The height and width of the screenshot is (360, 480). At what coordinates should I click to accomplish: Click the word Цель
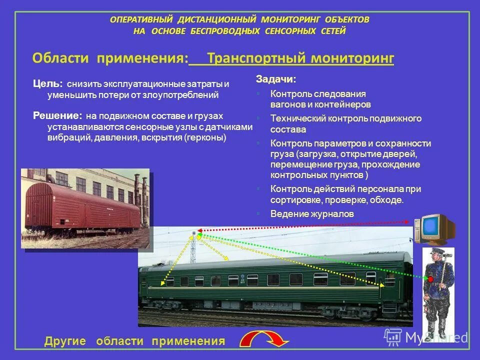coord(47,83)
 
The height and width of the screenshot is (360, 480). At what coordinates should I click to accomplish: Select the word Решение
coord(57,115)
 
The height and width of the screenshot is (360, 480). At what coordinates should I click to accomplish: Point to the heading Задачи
coord(275,79)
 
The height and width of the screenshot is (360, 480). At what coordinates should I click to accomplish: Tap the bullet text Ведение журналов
coord(312,213)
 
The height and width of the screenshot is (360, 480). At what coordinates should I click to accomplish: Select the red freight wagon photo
coord(85,207)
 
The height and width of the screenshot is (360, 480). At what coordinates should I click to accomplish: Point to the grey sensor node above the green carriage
coord(194,233)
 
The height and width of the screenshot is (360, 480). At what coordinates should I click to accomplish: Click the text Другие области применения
coord(134,341)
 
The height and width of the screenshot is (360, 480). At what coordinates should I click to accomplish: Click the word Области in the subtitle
coord(60,58)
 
